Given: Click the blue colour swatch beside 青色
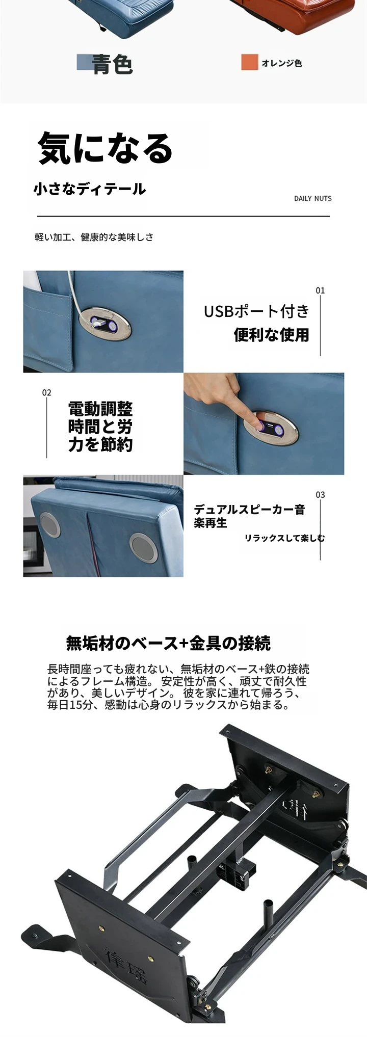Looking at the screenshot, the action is point(85,62).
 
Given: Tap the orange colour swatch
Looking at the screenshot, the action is point(250,62).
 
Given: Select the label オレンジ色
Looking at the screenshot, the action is point(282,63).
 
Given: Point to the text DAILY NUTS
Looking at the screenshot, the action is point(313,198).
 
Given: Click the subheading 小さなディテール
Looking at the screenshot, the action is point(90,189).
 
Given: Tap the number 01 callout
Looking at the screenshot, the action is point(320,290).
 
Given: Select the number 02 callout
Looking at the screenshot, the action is point(47,392).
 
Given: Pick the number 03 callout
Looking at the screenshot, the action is point(320,494).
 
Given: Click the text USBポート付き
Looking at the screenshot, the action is point(257,311).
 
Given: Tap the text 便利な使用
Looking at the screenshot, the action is point(272,335).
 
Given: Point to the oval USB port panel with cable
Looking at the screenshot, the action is point(104,323).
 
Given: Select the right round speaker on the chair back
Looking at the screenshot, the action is point(143,547).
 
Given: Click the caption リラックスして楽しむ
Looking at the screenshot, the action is point(284,538).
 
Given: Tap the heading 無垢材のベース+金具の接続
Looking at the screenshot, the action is point(168,643).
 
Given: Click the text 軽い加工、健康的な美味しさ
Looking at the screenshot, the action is point(94,237).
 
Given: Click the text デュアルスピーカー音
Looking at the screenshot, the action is point(249,510).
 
